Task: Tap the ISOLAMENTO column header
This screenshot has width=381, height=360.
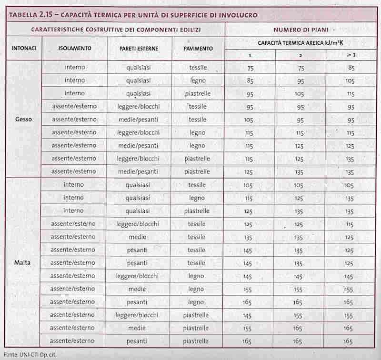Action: point(75,49)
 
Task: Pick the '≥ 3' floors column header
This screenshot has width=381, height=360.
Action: point(351,55)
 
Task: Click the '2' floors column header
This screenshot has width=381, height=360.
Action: point(301,55)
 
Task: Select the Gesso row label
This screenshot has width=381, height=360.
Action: point(23,119)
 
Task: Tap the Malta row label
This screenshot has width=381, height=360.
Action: point(23,262)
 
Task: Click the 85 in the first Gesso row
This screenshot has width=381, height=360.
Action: point(351,68)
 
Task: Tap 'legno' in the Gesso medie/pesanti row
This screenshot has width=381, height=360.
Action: point(197,145)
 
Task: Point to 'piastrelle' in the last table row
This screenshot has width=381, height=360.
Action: point(196,341)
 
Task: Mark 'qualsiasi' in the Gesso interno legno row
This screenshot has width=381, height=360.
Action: point(139,80)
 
